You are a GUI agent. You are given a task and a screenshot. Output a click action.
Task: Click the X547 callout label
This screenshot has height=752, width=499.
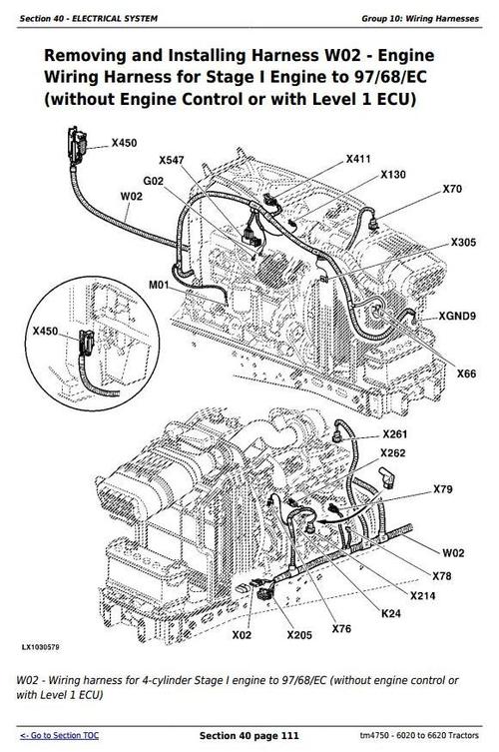[172, 160]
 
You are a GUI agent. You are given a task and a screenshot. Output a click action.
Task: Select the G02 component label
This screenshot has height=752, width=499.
[155, 182]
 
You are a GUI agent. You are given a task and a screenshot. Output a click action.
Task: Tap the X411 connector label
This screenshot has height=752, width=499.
[358, 159]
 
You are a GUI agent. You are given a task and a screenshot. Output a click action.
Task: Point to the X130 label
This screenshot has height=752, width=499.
[393, 175]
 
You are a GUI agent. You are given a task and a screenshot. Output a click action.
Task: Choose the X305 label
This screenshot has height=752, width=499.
[463, 243]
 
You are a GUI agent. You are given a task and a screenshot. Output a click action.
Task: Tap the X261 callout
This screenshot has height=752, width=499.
[396, 434]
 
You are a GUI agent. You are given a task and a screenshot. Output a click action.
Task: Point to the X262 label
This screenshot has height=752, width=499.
[393, 452]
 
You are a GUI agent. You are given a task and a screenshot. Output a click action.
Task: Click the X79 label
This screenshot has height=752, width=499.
[443, 489]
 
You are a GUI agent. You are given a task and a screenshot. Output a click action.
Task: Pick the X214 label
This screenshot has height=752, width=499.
[423, 595]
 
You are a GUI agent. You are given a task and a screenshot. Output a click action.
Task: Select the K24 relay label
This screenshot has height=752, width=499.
[391, 613]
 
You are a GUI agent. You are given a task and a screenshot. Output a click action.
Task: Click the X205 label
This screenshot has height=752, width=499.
[298, 634]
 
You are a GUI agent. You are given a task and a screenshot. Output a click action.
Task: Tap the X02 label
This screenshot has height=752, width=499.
[242, 634]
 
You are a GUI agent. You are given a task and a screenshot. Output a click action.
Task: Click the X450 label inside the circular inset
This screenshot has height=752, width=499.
[45, 331]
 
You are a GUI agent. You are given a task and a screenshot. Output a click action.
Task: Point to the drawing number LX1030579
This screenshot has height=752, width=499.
[40, 649]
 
